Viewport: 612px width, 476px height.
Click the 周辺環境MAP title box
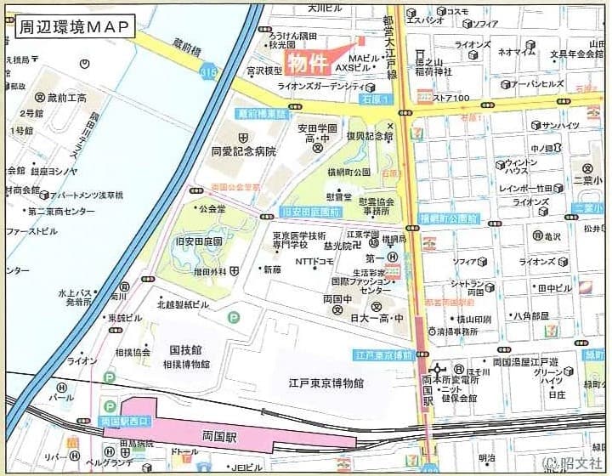click(x=75, y=26)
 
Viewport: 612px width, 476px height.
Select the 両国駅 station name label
click(x=220, y=437)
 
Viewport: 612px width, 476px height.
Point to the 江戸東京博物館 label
click(x=326, y=383)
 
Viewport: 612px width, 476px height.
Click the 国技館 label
click(x=185, y=349)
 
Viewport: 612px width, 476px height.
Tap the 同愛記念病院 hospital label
click(x=244, y=151)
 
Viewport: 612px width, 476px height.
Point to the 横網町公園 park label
click(x=349, y=172)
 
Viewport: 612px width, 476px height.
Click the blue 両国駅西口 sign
click(x=125, y=421)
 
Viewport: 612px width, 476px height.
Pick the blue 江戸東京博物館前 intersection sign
click(x=383, y=354)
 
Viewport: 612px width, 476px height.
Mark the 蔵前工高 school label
click(x=66, y=98)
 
